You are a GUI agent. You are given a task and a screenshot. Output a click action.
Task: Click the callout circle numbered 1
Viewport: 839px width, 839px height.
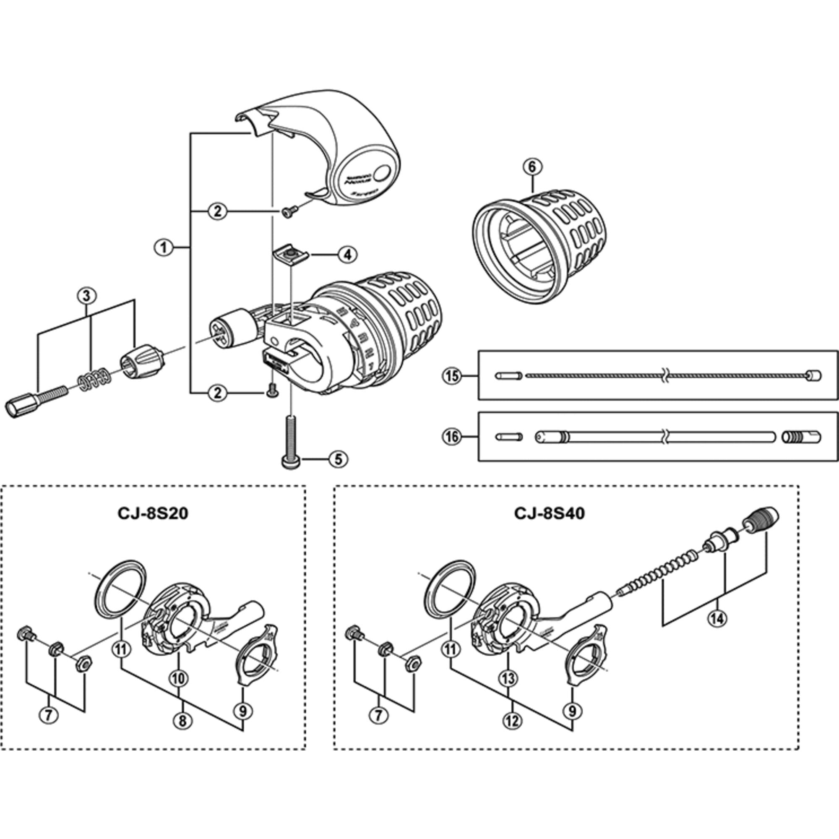(164, 248)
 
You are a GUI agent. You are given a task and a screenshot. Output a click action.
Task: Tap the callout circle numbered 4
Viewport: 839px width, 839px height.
(348, 255)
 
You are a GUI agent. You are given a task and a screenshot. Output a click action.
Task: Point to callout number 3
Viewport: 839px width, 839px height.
(86, 296)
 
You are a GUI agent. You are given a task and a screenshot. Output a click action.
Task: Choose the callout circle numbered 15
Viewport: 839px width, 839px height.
(452, 375)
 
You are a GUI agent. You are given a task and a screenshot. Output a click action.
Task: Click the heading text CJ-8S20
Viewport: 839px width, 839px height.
(152, 514)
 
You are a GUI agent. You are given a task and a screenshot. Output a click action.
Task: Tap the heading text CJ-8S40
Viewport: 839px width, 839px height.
(550, 514)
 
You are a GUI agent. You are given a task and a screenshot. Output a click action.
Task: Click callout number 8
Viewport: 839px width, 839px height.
(182, 721)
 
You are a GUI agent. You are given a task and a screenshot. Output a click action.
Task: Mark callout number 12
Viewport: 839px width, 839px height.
(512, 721)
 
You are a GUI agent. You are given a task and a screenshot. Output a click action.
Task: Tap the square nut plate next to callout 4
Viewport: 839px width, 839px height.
(290, 253)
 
